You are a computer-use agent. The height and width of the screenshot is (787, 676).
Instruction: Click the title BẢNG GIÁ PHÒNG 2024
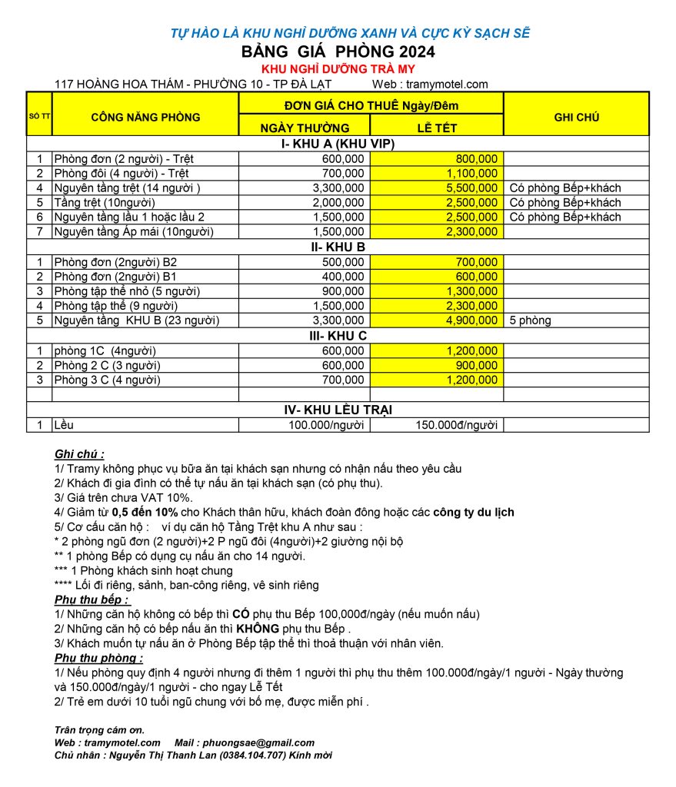point(338,52)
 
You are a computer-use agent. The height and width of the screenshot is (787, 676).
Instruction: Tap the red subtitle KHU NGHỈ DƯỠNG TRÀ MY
point(338,69)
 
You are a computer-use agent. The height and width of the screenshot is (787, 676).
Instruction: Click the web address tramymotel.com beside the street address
point(449,85)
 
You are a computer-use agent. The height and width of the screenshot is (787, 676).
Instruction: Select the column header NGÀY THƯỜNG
point(305,128)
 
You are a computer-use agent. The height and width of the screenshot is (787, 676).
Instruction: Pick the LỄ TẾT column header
point(437,128)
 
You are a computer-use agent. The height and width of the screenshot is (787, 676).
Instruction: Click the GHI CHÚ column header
point(576,118)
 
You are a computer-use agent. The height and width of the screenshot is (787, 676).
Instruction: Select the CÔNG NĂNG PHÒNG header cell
point(145,118)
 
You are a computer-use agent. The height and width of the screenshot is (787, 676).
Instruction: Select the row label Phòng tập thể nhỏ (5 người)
point(127,291)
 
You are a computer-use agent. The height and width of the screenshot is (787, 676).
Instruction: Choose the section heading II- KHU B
point(338,247)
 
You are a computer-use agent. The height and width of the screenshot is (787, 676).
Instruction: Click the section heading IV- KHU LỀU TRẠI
point(338,410)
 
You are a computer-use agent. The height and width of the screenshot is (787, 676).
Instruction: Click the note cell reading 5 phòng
point(531,320)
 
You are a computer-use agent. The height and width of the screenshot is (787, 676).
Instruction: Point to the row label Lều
point(64,425)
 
